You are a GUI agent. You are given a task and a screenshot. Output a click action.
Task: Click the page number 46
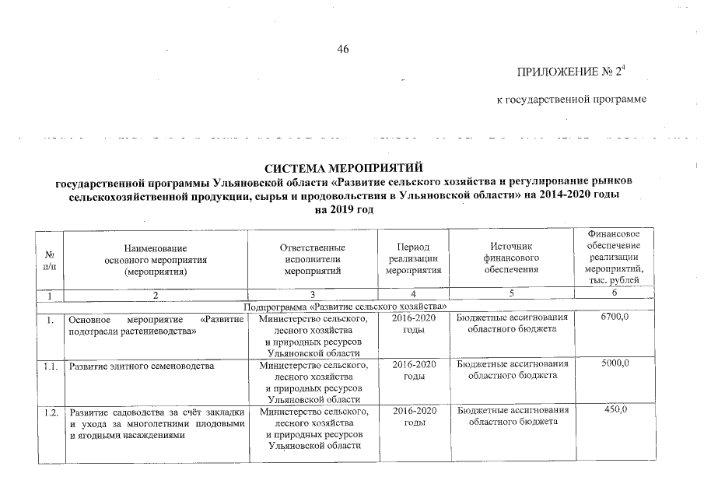coord(343,50)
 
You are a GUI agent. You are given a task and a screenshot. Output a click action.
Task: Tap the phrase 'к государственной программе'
coord(572,100)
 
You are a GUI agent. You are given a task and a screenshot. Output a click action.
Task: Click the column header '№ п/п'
coord(51,259)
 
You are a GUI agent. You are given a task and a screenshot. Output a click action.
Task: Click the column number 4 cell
coord(413,295)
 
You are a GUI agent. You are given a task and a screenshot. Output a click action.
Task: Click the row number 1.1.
coord(51,365)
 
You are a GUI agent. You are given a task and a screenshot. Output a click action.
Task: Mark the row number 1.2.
coord(51,412)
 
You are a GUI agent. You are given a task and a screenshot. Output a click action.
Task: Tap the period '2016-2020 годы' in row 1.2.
coord(413,416)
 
